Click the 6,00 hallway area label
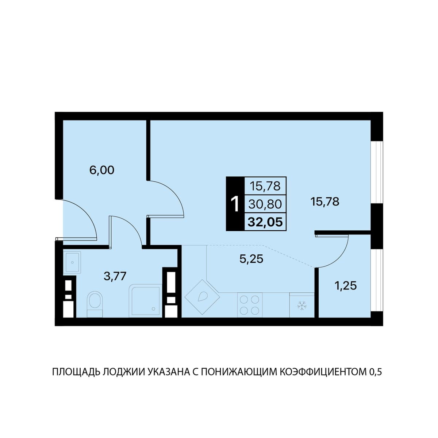click(x=101, y=170)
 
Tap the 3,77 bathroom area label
click(x=115, y=276)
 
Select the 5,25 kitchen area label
click(x=251, y=258)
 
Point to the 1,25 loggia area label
click(x=346, y=285)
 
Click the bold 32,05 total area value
click(x=265, y=222)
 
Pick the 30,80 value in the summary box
click(x=265, y=204)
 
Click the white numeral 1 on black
click(x=235, y=204)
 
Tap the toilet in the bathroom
click(x=95, y=304)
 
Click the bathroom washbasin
click(x=72, y=262)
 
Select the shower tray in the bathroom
click(x=145, y=300)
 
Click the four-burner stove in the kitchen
click(x=250, y=305)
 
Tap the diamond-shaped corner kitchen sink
click(x=202, y=297)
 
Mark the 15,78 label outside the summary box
click(x=325, y=201)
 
